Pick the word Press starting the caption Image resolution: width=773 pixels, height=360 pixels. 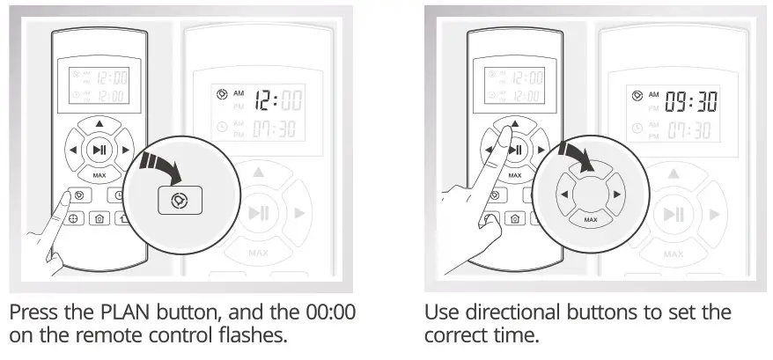(x=33, y=313)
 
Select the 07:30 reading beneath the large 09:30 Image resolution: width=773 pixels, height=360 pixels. (x=691, y=131)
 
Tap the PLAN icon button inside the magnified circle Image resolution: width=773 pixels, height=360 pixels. (x=180, y=200)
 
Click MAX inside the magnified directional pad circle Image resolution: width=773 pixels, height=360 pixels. (x=590, y=218)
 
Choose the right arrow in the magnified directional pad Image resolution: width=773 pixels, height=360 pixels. (x=617, y=193)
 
